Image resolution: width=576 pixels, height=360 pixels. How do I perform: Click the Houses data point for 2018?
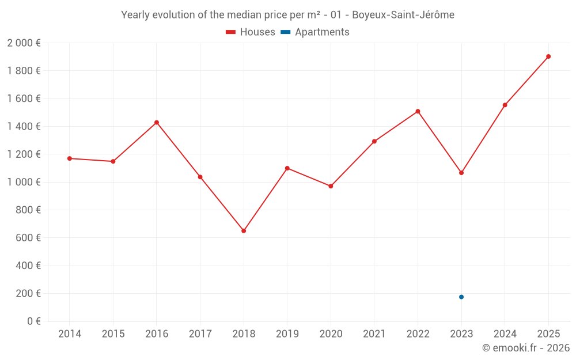[244, 231]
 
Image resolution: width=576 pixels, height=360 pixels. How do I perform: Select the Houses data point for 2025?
[548, 56]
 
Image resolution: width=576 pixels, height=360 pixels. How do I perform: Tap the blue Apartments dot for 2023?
[461, 297]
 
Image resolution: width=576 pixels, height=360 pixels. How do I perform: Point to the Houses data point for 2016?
[157, 123]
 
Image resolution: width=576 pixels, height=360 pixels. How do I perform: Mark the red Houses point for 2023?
[461, 173]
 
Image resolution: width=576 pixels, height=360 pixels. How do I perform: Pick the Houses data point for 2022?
[418, 111]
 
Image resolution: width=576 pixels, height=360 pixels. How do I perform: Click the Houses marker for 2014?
[70, 158]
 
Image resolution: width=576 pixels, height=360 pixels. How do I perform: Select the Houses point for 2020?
[331, 187]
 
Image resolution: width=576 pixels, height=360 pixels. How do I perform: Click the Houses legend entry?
[251, 32]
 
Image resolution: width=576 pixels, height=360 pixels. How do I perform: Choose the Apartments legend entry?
[316, 32]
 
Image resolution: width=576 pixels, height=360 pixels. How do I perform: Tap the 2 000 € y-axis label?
[24, 43]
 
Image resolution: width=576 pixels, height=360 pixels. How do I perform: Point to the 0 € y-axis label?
[32, 321]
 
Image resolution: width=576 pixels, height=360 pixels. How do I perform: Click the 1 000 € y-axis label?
[24, 182]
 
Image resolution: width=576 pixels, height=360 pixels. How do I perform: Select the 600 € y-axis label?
[28, 238]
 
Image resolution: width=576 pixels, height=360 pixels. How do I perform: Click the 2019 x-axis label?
[287, 334]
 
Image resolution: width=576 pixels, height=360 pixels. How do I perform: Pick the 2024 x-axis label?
[505, 334]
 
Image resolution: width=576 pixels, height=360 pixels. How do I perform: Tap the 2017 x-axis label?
[200, 334]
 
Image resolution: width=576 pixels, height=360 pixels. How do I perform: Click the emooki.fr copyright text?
[525, 348]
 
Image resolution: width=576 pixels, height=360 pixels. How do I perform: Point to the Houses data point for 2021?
[374, 141]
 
